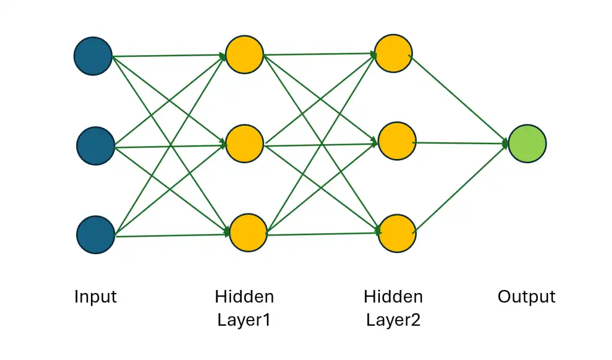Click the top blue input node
(x=93, y=56)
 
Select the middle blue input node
(x=95, y=146)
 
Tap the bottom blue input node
(x=95, y=235)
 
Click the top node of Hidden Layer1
(x=245, y=54)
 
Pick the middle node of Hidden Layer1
(x=245, y=143)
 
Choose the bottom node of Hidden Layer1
(x=248, y=232)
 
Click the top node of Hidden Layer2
(x=393, y=54)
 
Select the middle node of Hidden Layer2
(x=397, y=142)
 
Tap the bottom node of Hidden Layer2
(x=397, y=232)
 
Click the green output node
(x=527, y=144)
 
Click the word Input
(x=95, y=297)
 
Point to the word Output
(x=526, y=297)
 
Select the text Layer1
(x=244, y=320)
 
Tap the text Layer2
(x=393, y=320)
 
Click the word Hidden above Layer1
(x=244, y=297)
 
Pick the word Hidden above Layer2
(x=393, y=297)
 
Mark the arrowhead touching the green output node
(x=506, y=144)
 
